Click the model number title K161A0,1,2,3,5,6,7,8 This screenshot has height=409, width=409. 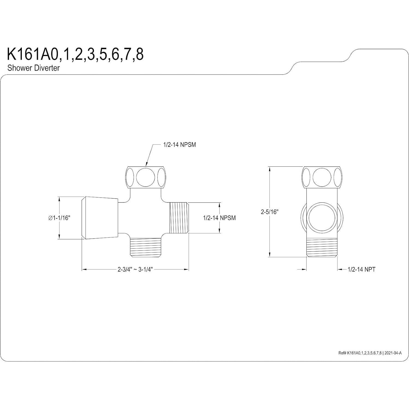pyautogui.click(x=75, y=54)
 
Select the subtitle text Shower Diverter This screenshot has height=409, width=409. pyautogui.click(x=33, y=68)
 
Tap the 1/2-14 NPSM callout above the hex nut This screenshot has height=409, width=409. pyautogui.click(x=180, y=145)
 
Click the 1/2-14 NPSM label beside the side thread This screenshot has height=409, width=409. pyautogui.click(x=219, y=218)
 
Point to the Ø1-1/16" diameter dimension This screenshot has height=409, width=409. pyautogui.click(x=59, y=218)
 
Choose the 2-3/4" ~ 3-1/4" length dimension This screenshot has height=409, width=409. pyautogui.click(x=135, y=269)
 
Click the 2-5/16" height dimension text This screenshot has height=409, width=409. pyautogui.click(x=269, y=212)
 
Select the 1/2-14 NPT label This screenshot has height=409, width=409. pyautogui.click(x=361, y=269)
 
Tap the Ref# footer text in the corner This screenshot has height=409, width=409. pyautogui.click(x=370, y=353)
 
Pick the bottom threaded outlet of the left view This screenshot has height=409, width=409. pyautogui.click(x=145, y=247)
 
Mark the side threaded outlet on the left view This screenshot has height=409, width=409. pyautogui.click(x=179, y=218)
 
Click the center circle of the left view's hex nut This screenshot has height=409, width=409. pyautogui.click(x=145, y=177)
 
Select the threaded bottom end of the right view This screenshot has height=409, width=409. pyautogui.click(x=322, y=247)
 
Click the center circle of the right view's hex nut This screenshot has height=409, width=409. pyautogui.click(x=322, y=177)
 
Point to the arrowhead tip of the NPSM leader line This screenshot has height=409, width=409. pyautogui.click(x=146, y=166)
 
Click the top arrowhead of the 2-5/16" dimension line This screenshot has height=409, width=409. pyautogui.click(x=270, y=168)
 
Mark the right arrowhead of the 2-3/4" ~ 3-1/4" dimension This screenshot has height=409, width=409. pyautogui.click(x=187, y=270)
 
